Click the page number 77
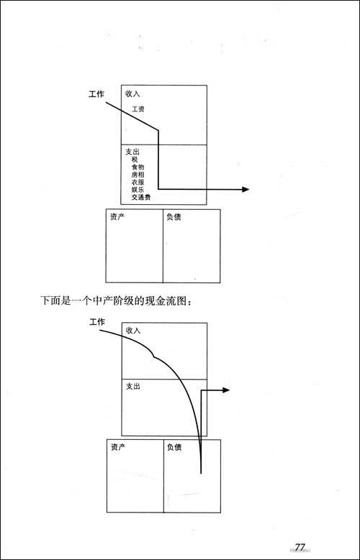point(300,547)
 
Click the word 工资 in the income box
point(138,109)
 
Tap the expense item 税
point(135,160)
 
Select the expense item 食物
point(138,167)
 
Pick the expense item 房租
point(138,175)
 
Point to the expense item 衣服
point(138,182)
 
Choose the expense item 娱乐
point(138,190)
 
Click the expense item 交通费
point(141,197)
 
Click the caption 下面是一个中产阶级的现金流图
point(118,300)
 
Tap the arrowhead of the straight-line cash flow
point(246,189)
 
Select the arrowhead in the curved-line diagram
point(226,390)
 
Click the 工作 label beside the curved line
point(96,322)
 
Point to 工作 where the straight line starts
point(96,94)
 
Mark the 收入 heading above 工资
point(132,94)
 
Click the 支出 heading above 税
point(132,152)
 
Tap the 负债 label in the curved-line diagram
point(174,447)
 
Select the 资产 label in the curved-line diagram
point(118,447)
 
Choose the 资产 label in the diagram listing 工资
point(117,217)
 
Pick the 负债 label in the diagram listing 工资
point(174,217)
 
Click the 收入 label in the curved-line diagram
point(133,331)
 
